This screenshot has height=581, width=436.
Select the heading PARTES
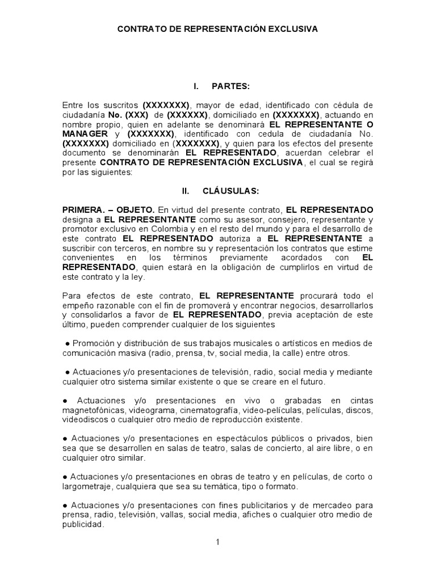(230, 86)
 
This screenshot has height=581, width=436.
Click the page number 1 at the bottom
(217, 542)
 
